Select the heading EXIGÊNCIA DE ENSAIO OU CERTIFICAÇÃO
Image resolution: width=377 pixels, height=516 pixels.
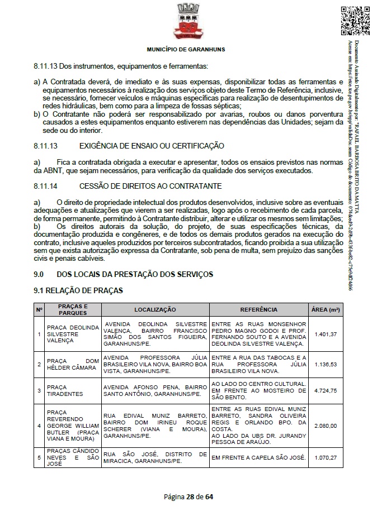pos(152,146)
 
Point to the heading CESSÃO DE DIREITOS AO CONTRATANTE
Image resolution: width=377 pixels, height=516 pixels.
pos(150,185)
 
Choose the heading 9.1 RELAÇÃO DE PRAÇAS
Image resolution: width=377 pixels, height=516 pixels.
pos(78,290)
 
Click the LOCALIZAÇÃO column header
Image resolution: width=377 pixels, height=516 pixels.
pos(155,309)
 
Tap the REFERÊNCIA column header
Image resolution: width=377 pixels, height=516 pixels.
pos(258,309)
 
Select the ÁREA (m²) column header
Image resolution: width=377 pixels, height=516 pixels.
pos(325,309)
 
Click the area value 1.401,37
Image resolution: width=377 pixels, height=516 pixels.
pos(325,335)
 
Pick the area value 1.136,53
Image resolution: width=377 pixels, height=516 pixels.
pos(325,364)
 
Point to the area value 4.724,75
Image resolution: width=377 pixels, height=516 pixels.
pos(325,391)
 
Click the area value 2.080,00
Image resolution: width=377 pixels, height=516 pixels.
pos(325,426)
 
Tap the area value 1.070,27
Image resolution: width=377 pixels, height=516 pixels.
pos(325,458)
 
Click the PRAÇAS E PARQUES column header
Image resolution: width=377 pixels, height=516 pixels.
pos(73,309)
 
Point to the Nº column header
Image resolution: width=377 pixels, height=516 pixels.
pos(39,309)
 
